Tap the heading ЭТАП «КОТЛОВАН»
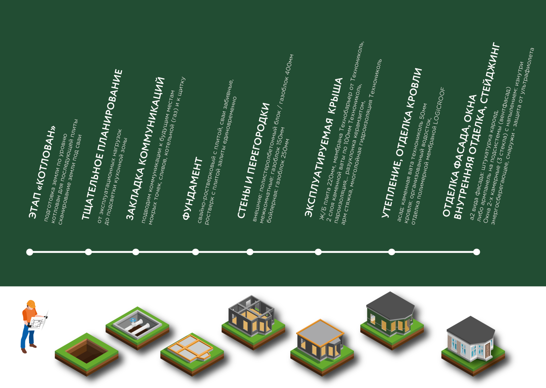42,172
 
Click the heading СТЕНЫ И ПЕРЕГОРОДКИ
253,161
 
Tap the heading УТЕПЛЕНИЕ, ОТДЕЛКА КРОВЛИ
402,143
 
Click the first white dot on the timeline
30,252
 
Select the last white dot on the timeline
476,252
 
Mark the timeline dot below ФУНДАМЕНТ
195,252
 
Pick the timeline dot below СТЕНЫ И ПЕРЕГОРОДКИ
250,252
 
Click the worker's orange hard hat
31,303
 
